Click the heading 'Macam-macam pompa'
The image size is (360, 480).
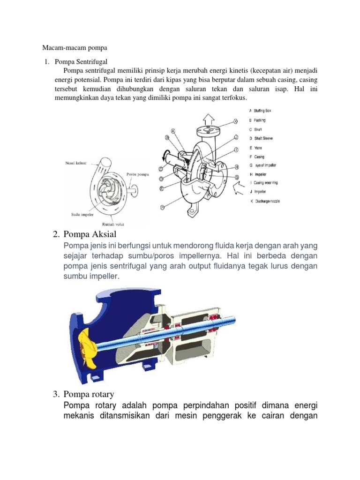(75, 48)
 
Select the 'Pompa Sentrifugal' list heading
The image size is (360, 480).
(82, 61)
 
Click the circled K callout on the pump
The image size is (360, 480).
(236, 121)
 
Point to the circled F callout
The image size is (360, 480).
(162, 206)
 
